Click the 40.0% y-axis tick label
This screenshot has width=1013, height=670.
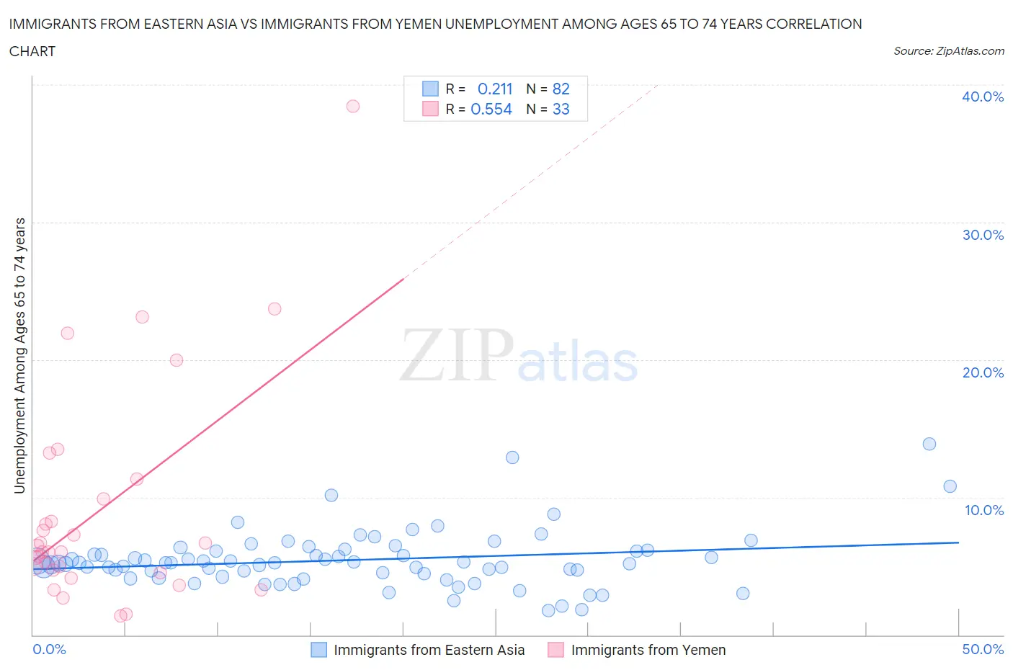click(x=983, y=97)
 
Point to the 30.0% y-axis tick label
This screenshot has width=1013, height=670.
click(x=983, y=235)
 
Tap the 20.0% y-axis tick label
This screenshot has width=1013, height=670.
click(x=983, y=372)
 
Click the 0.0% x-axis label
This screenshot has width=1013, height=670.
click(x=49, y=649)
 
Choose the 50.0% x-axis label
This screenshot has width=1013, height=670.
click(x=983, y=649)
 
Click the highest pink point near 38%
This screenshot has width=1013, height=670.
click(x=353, y=106)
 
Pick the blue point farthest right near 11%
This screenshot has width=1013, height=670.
click(x=950, y=486)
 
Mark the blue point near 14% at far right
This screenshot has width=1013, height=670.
click(x=929, y=444)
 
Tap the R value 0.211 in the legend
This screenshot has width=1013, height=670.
click(x=495, y=89)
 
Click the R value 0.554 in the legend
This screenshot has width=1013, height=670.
click(x=491, y=109)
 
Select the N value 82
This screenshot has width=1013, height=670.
click(x=561, y=89)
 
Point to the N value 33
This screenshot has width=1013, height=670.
click(x=561, y=109)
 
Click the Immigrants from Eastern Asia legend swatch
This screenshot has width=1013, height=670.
click(x=318, y=650)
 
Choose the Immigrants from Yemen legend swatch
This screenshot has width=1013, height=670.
click(x=555, y=650)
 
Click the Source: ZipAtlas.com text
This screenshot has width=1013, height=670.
click(x=948, y=50)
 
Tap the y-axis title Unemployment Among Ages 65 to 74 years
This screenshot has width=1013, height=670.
click(x=19, y=355)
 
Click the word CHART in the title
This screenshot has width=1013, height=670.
click(x=32, y=51)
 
